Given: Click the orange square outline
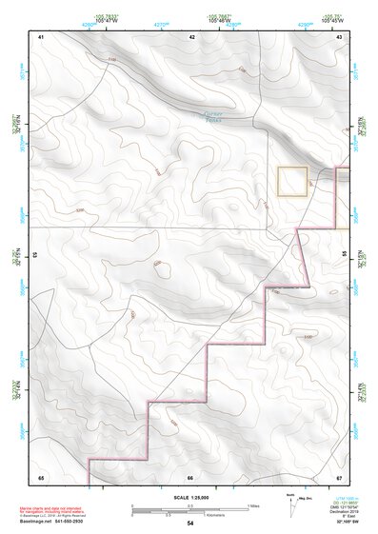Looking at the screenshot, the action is point(292,181).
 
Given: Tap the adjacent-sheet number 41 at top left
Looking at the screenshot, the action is point(41,36).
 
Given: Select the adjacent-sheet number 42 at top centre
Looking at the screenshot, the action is point(191,36).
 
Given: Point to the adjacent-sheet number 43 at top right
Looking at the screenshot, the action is point(339,36).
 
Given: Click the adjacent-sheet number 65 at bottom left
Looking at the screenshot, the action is point(41,477).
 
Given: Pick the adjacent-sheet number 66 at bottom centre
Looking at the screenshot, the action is point(190,477).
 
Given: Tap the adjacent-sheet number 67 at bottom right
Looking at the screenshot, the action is point(339,477).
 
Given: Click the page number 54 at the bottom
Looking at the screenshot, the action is point(190,524).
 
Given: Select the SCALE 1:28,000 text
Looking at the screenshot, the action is point(190,497).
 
